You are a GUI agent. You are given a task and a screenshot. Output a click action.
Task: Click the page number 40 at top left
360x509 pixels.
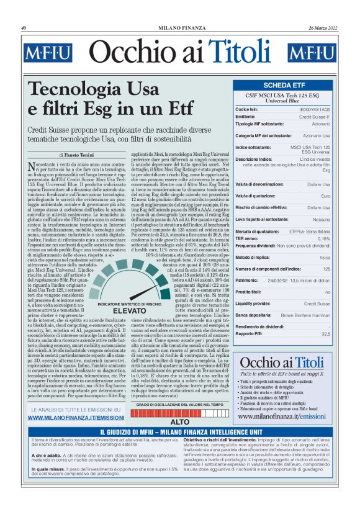23,27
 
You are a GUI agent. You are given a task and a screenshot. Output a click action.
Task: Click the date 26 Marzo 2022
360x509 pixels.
322,27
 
